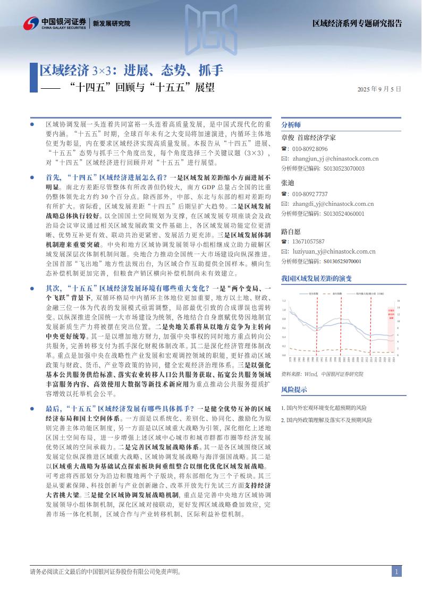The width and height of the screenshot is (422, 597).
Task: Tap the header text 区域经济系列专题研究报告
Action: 357,23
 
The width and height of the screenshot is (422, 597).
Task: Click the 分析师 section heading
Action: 291,124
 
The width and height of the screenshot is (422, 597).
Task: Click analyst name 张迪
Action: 287,182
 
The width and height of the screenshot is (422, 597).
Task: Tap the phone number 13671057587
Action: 308,241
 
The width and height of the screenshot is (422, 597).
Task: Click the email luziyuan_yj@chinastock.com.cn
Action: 334,251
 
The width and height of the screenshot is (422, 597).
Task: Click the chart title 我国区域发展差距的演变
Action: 316,278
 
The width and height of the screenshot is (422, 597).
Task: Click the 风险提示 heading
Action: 294,390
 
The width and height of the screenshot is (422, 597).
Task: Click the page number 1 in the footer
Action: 396,571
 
